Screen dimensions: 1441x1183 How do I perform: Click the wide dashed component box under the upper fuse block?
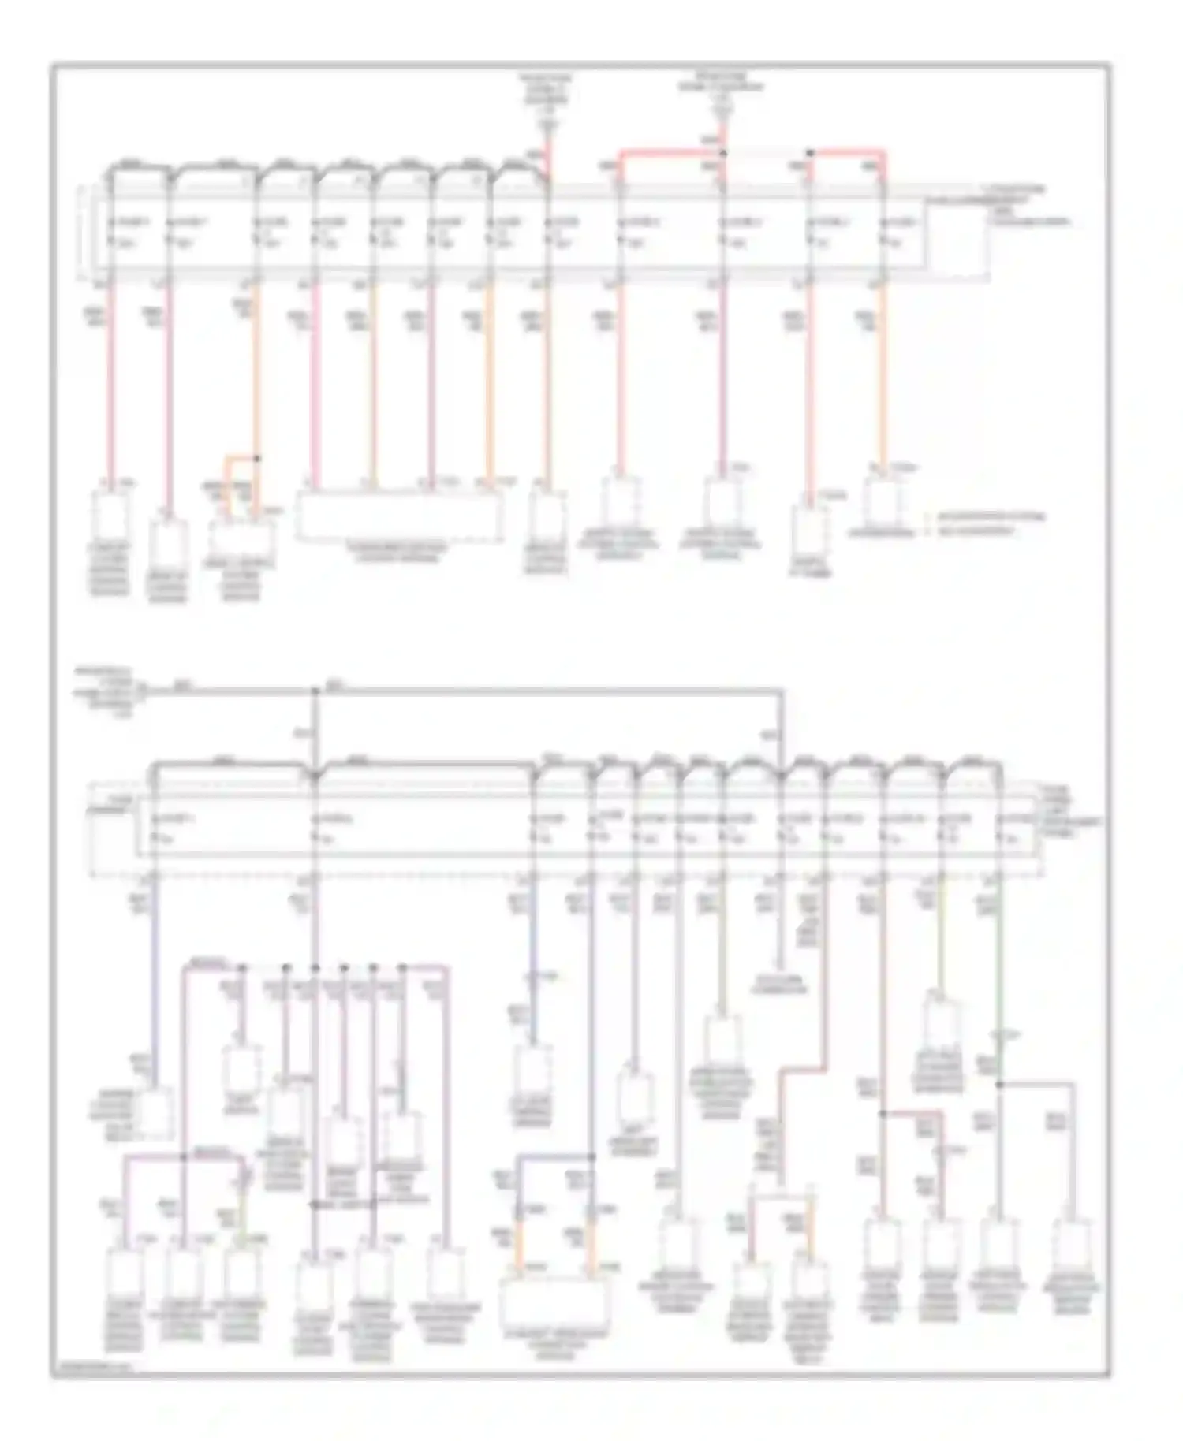coord(399,516)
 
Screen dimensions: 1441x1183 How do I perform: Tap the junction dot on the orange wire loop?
coord(256,457)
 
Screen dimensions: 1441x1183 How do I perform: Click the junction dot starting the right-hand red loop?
coord(809,151)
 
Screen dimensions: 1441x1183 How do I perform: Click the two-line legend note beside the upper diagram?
coord(990,524)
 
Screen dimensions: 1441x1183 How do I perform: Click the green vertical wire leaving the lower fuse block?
coord(998,977)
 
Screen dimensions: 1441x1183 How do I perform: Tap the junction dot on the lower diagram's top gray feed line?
coord(315,691)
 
